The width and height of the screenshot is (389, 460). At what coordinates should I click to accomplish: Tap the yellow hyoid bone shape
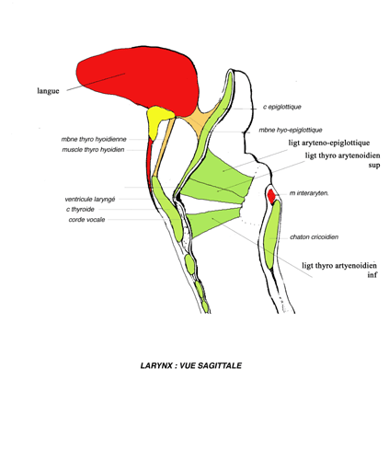[x=157, y=119]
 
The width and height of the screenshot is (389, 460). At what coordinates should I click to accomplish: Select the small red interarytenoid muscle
[x=271, y=196]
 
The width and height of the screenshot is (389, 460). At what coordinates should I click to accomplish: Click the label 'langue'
[x=48, y=91]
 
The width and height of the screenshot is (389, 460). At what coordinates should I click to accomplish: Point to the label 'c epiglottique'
[x=282, y=107]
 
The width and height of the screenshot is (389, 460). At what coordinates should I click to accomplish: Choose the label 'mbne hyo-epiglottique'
[x=291, y=130]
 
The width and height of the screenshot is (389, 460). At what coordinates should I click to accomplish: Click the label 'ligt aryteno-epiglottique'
[x=329, y=143]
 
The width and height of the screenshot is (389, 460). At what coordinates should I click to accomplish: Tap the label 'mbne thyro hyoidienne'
[x=94, y=139]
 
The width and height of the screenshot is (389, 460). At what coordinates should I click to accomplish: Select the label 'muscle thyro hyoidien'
[x=93, y=150]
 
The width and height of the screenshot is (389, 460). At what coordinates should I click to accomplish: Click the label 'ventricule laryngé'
[x=90, y=200]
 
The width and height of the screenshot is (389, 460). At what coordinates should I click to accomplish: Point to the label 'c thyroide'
[x=80, y=210]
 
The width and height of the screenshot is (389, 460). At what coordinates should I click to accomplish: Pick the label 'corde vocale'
[x=86, y=220]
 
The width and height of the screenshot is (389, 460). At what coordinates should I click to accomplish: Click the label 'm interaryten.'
[x=309, y=193]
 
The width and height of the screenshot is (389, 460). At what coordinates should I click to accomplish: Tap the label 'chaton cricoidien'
[x=315, y=237]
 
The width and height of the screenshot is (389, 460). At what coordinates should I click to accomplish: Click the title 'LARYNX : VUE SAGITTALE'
[x=191, y=365]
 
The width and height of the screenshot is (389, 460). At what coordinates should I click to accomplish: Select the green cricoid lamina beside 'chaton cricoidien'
[x=272, y=235]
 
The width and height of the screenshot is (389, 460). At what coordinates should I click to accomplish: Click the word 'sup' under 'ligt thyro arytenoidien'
[x=374, y=166]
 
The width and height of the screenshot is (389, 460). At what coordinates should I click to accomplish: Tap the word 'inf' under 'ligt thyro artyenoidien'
[x=372, y=275]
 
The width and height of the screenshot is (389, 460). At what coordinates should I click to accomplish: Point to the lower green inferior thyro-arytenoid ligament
[x=212, y=222]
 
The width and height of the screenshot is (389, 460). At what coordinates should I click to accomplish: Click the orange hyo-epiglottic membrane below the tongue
[x=200, y=121]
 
